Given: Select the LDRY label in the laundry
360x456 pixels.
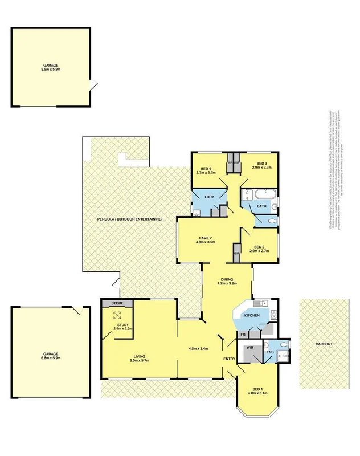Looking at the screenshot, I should click(x=209, y=197).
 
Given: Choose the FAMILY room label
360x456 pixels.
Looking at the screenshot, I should click(x=206, y=237).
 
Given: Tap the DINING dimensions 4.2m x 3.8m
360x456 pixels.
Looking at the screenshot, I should click(x=227, y=283).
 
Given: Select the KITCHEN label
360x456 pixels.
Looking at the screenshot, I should click(x=252, y=315).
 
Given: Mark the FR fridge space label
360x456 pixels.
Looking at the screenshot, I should click(x=242, y=335).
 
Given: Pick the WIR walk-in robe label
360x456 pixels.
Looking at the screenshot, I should click(x=249, y=347).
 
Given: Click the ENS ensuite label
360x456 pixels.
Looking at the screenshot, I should click(x=270, y=352).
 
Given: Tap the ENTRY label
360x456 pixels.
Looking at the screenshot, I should click(x=229, y=358).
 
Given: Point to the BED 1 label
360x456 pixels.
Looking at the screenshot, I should click(x=258, y=389).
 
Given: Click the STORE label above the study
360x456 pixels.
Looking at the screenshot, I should click(x=117, y=303).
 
